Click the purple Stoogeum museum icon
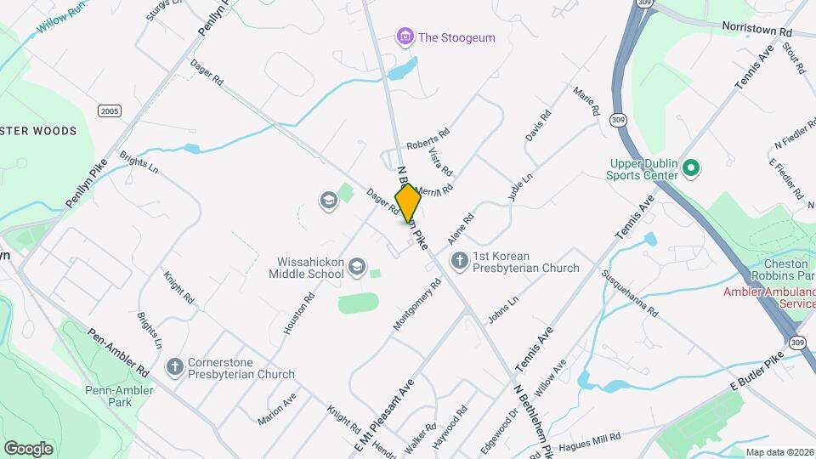(405, 37)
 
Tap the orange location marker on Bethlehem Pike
(408, 203)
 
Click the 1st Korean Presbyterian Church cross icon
(460, 260)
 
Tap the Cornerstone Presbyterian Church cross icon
(175, 366)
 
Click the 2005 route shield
(109, 111)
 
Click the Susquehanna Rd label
(630, 293)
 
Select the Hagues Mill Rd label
(592, 439)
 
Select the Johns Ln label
(502, 309)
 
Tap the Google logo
(28, 447)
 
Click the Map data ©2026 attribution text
(779, 452)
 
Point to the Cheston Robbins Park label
(777, 269)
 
